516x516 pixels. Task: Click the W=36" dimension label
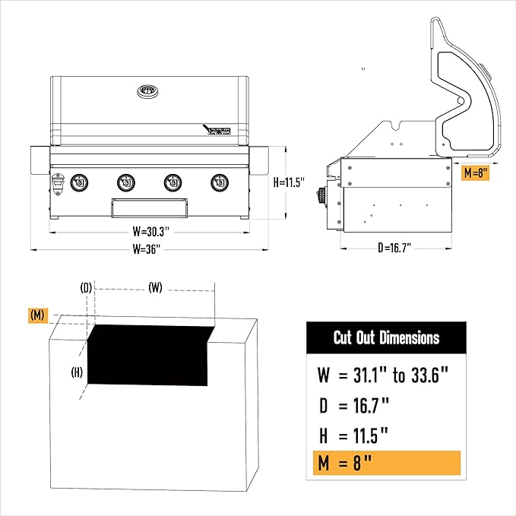147,248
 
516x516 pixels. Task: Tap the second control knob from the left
126,183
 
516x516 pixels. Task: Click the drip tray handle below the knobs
149,207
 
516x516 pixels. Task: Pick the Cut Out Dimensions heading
386,337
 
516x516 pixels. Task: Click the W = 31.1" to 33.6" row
385,374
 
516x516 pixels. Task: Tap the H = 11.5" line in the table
354,435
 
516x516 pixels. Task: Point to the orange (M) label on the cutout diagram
36,314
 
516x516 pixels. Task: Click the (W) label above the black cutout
155,287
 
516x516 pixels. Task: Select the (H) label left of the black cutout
77,372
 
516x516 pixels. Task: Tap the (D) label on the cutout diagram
86,287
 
